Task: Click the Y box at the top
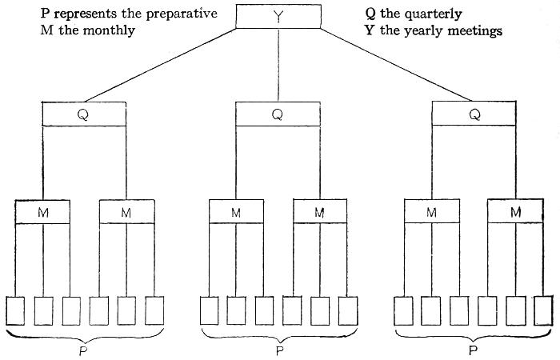pyautogui.click(x=278, y=16)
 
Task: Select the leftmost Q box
pyautogui.click(x=83, y=114)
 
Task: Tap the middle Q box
pyautogui.click(x=278, y=114)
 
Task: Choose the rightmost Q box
pyautogui.click(x=474, y=114)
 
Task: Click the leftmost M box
pyautogui.click(x=42, y=212)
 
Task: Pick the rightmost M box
pyautogui.click(x=516, y=212)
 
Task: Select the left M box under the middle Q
pyautogui.click(x=237, y=212)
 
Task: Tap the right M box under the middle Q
pyautogui.click(x=320, y=212)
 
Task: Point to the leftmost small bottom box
pyautogui.click(x=16, y=310)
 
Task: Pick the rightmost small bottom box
pyautogui.click(x=543, y=310)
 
